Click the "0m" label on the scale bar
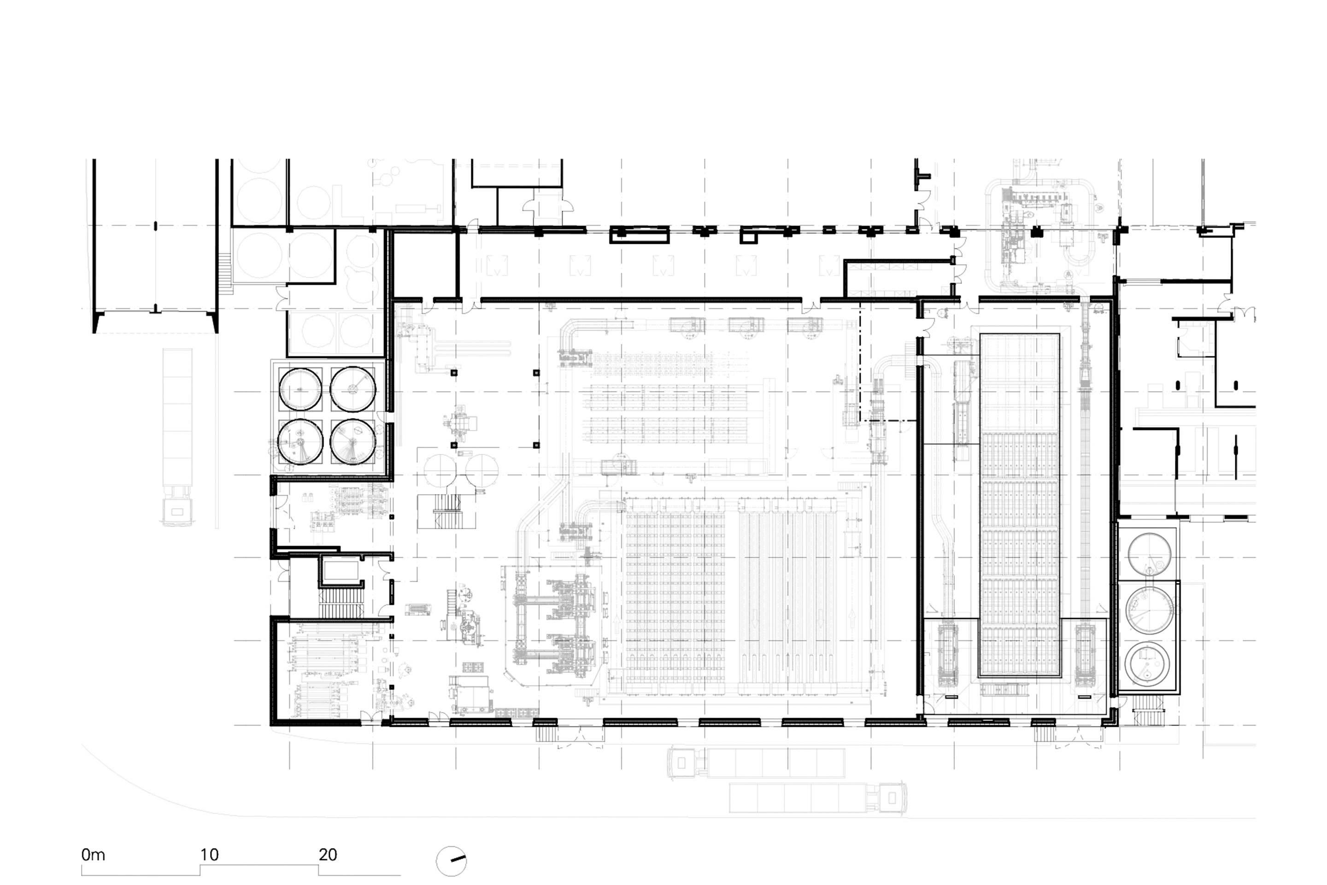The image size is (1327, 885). tap(93, 855)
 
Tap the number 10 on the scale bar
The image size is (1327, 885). tap(209, 855)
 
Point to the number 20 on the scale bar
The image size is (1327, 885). tap(328, 855)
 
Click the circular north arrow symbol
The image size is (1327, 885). tap(452, 861)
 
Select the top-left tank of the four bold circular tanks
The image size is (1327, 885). tap(300, 389)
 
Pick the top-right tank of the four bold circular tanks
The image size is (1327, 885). tap(352, 389)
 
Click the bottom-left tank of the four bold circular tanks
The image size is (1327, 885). tap(300, 442)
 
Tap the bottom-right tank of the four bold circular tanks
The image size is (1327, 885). tap(352, 442)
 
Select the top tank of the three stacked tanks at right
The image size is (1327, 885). tap(1149, 554)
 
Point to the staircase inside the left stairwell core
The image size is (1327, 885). tap(341, 603)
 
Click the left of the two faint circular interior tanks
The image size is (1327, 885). tap(440, 470)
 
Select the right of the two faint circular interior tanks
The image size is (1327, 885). tap(482, 470)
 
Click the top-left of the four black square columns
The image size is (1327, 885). tap(453, 373)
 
